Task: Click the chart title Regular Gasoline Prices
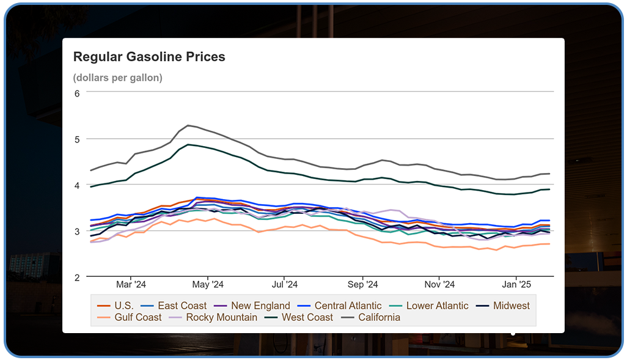149,57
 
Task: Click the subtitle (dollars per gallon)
117,78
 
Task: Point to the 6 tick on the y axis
77,94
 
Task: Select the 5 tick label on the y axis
77,139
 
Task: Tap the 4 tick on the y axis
77,185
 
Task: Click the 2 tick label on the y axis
77,277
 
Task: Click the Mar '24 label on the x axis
131,284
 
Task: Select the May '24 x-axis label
208,284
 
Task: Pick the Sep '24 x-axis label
363,284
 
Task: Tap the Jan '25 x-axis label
517,284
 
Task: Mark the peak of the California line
188,125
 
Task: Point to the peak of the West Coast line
188,144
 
